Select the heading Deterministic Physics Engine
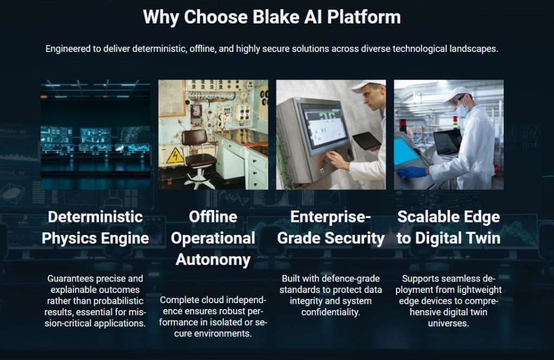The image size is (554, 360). [x=95, y=227]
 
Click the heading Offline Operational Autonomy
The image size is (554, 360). [x=213, y=238]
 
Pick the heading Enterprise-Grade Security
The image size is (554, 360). [x=331, y=227]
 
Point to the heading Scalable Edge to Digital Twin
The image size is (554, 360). [x=449, y=227]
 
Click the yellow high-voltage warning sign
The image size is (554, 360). [x=175, y=155]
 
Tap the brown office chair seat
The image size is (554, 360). [x=200, y=161]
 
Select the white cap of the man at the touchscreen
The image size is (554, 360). [x=367, y=87]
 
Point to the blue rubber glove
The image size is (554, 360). [x=411, y=172]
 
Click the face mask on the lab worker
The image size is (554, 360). [x=462, y=110]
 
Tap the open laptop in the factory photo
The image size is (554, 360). [x=447, y=143]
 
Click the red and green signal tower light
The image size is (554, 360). [x=455, y=122]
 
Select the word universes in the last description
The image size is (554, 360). [x=449, y=323]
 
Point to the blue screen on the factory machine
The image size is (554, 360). [x=406, y=152]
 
